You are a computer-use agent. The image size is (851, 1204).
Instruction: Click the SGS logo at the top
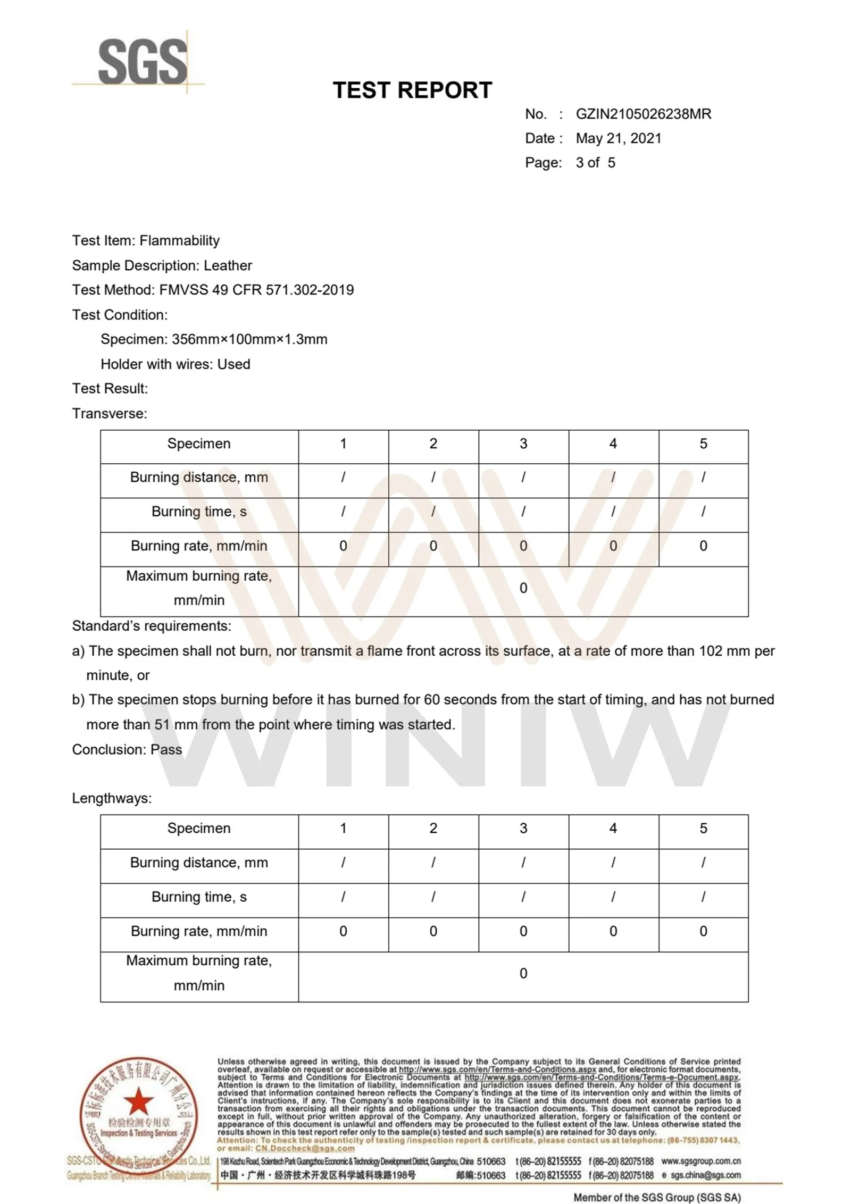click(143, 62)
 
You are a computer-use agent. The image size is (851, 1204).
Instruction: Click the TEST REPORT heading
click(412, 90)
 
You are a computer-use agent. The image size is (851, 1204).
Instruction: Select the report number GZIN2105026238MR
click(643, 114)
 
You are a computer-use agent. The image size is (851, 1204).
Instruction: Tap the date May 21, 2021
click(619, 139)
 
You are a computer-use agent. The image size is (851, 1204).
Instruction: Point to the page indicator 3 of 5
click(595, 163)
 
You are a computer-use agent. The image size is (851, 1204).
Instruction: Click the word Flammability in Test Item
click(179, 241)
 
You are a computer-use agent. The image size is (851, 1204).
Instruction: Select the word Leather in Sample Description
click(228, 265)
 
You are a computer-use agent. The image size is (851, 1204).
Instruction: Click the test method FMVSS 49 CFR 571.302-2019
click(256, 290)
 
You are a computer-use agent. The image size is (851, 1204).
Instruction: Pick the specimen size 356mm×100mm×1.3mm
click(249, 339)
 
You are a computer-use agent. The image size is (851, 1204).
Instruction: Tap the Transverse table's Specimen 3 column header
click(523, 444)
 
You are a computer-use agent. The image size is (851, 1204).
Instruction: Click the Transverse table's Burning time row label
click(199, 512)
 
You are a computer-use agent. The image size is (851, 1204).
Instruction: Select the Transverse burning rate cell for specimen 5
click(703, 546)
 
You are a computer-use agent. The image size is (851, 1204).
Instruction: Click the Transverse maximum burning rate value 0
click(523, 588)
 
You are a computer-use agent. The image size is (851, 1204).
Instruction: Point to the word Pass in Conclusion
click(166, 749)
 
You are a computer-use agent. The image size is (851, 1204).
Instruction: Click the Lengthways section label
click(112, 798)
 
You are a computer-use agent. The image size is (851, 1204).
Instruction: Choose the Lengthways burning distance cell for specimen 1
click(343, 863)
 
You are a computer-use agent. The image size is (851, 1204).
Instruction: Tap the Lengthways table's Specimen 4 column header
click(613, 829)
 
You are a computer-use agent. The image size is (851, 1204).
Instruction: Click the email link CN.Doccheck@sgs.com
click(305, 1148)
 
